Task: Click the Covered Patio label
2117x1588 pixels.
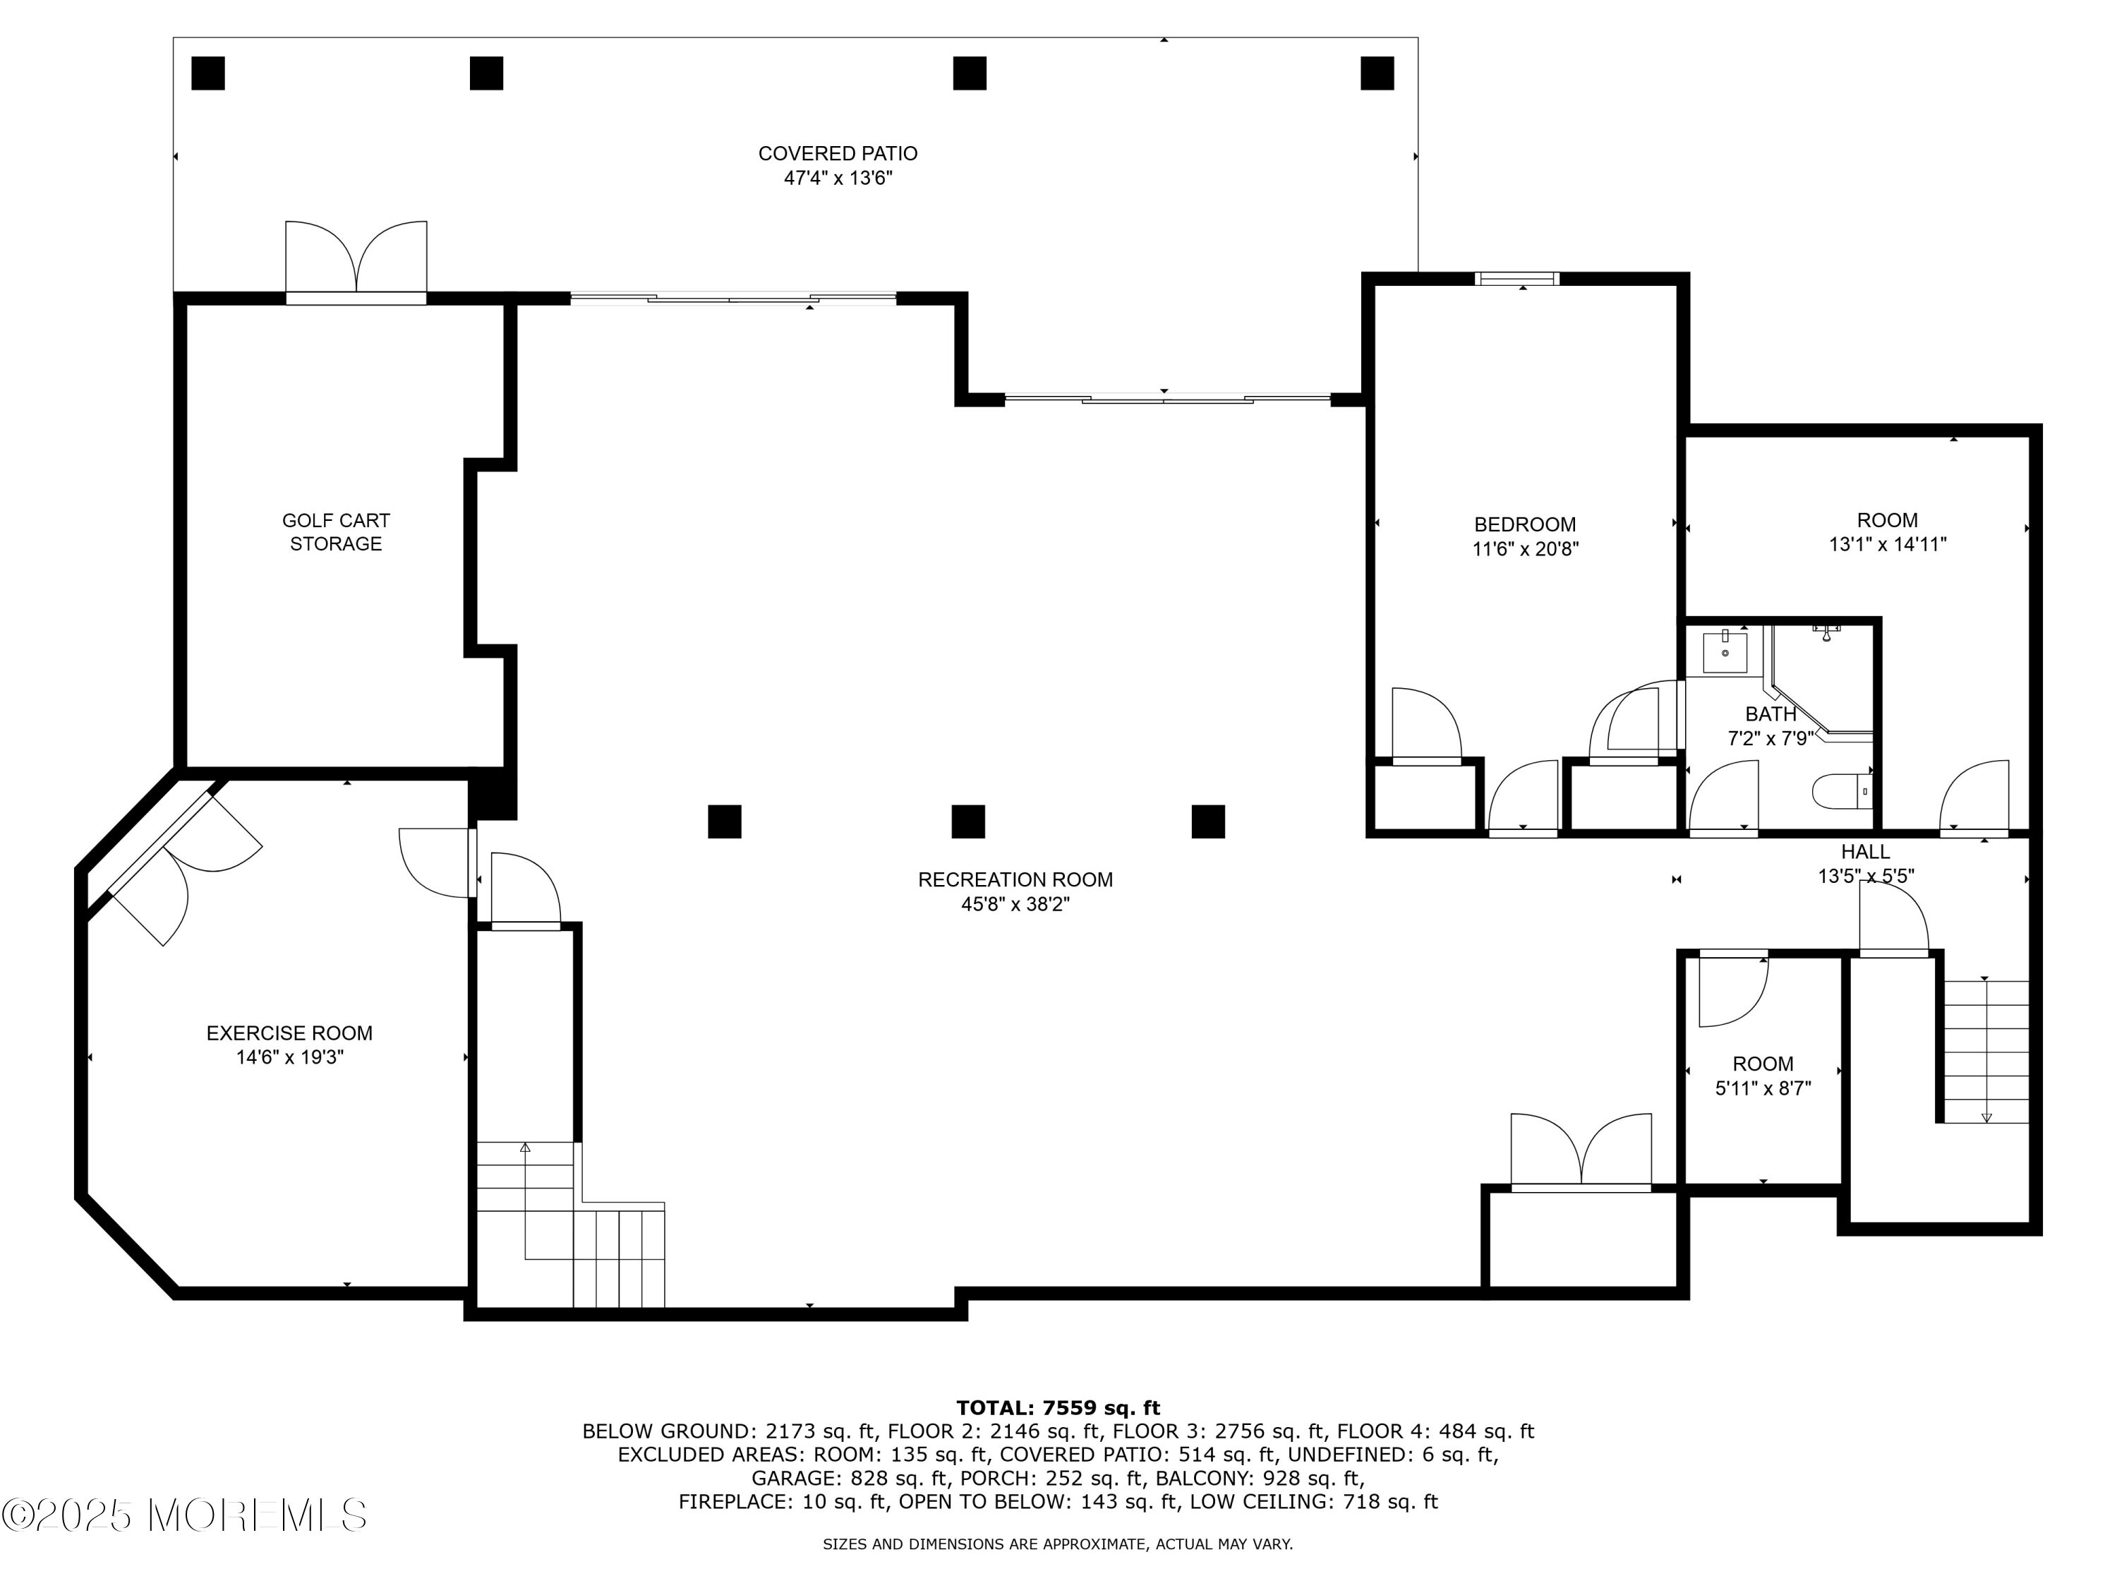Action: [838, 153]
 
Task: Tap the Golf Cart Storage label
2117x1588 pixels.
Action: [336, 532]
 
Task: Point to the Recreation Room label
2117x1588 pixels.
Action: [1015, 879]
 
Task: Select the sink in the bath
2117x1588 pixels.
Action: [1725, 652]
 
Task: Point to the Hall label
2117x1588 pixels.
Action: [1865, 852]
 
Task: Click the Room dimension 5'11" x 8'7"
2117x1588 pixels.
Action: [1763, 1088]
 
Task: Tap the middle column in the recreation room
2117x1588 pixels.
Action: [967, 822]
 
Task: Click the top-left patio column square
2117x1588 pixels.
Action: [207, 73]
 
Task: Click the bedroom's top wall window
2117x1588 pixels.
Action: [1517, 279]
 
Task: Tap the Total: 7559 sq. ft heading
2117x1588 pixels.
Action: [1058, 1408]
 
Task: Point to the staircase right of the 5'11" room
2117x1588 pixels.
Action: [1985, 1050]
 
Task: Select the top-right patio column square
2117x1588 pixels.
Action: [1377, 73]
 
